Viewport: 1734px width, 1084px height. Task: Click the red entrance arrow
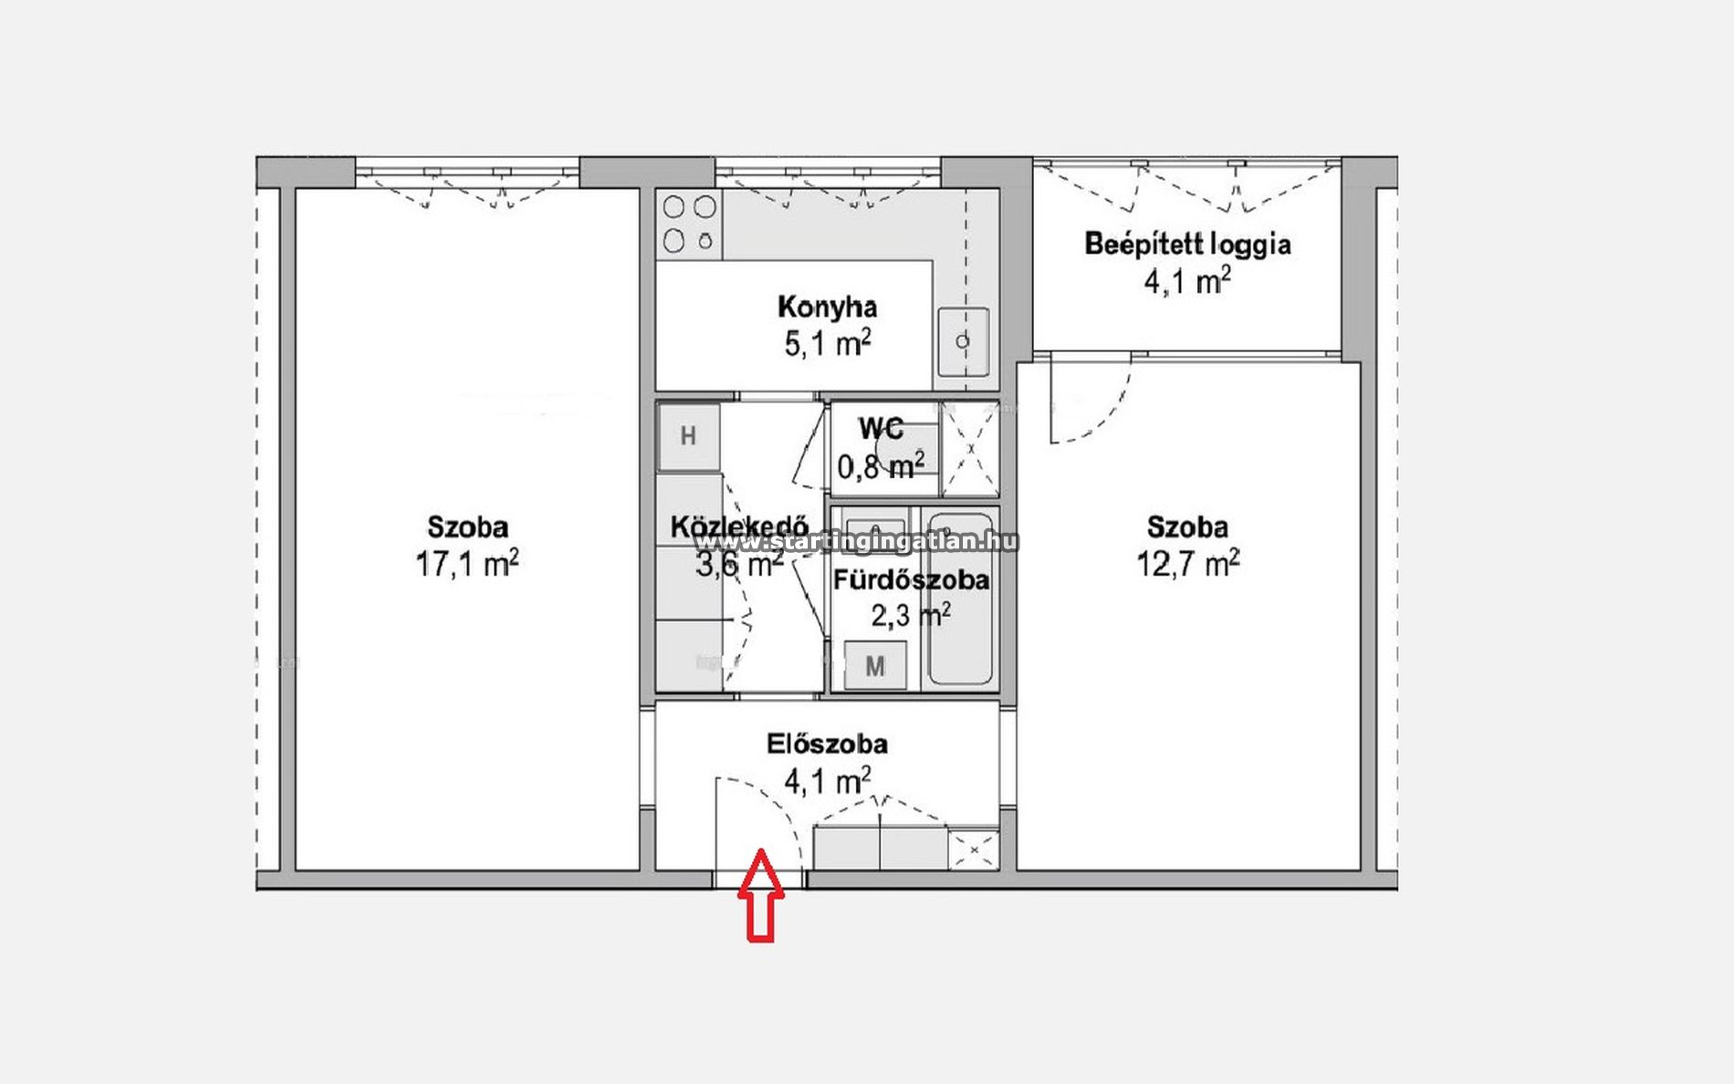(760, 895)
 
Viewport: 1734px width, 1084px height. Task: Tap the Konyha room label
(827, 307)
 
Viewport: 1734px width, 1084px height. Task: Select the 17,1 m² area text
(467, 564)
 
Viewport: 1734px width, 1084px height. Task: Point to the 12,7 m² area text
(1187, 564)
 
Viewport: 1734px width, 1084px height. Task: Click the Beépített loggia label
(1187, 245)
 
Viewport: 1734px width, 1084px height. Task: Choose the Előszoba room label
(827, 745)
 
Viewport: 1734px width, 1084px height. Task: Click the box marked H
(688, 436)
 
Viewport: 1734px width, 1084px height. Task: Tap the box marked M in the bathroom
(875, 665)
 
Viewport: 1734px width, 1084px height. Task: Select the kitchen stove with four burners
(689, 224)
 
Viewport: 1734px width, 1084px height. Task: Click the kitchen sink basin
(963, 341)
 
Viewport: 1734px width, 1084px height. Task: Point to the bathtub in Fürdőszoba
(959, 599)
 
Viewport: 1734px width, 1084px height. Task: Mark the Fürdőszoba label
(911, 580)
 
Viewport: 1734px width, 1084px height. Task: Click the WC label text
(881, 428)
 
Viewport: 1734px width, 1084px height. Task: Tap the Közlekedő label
(739, 527)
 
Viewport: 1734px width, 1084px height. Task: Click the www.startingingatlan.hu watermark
(856, 542)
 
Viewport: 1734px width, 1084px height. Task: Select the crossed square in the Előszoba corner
(974, 849)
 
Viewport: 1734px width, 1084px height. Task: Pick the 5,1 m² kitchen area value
(827, 344)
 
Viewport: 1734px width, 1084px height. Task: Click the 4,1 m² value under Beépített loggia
(1187, 280)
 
